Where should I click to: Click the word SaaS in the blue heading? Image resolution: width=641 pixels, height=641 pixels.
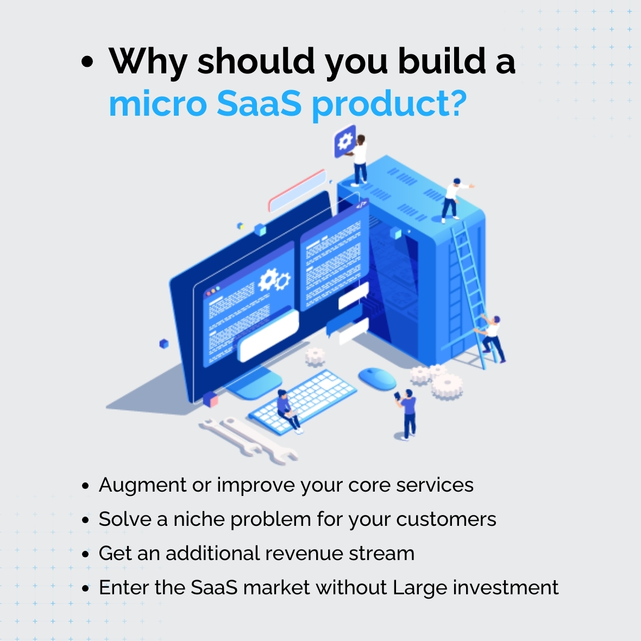click(259, 103)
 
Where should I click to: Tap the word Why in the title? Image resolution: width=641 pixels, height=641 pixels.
click(148, 62)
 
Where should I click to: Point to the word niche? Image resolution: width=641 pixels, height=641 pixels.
click(199, 519)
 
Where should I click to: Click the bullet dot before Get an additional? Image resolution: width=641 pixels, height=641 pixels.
click(85, 554)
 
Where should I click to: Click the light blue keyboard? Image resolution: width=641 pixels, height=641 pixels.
click(303, 401)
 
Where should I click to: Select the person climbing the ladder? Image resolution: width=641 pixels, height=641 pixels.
click(491, 339)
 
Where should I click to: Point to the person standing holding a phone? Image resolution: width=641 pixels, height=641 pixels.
click(406, 414)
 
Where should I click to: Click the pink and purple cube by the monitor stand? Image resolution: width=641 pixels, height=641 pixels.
click(210, 399)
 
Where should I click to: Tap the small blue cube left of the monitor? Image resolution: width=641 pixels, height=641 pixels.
click(164, 343)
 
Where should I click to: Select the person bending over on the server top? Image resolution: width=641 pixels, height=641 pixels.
click(454, 200)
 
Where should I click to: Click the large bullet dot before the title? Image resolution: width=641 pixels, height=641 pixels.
click(87, 62)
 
